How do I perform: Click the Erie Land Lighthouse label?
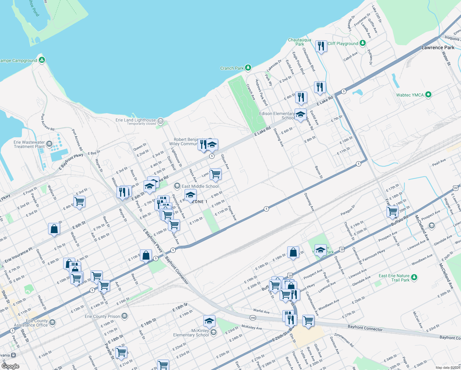[x=136, y=120]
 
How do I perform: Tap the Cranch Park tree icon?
[x=248, y=68]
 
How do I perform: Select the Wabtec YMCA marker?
[x=428, y=95]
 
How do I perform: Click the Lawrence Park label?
[x=438, y=47]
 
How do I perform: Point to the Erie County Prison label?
[x=102, y=316]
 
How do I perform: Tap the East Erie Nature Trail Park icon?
[x=414, y=277]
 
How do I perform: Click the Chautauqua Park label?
[x=300, y=42]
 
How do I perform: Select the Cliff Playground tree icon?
[x=363, y=43]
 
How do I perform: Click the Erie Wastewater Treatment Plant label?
[x=29, y=144]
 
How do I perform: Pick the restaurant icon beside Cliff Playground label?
[x=321, y=46]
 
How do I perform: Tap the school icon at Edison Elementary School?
[x=300, y=115]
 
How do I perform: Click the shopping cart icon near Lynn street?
[x=215, y=174]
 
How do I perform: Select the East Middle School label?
[x=200, y=186]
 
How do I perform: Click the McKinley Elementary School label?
[x=191, y=333]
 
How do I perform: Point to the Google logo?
[x=10, y=366]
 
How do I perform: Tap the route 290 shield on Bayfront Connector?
[x=253, y=318]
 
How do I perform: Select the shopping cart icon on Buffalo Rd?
[x=392, y=212]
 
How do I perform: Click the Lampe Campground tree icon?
[x=42, y=60]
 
